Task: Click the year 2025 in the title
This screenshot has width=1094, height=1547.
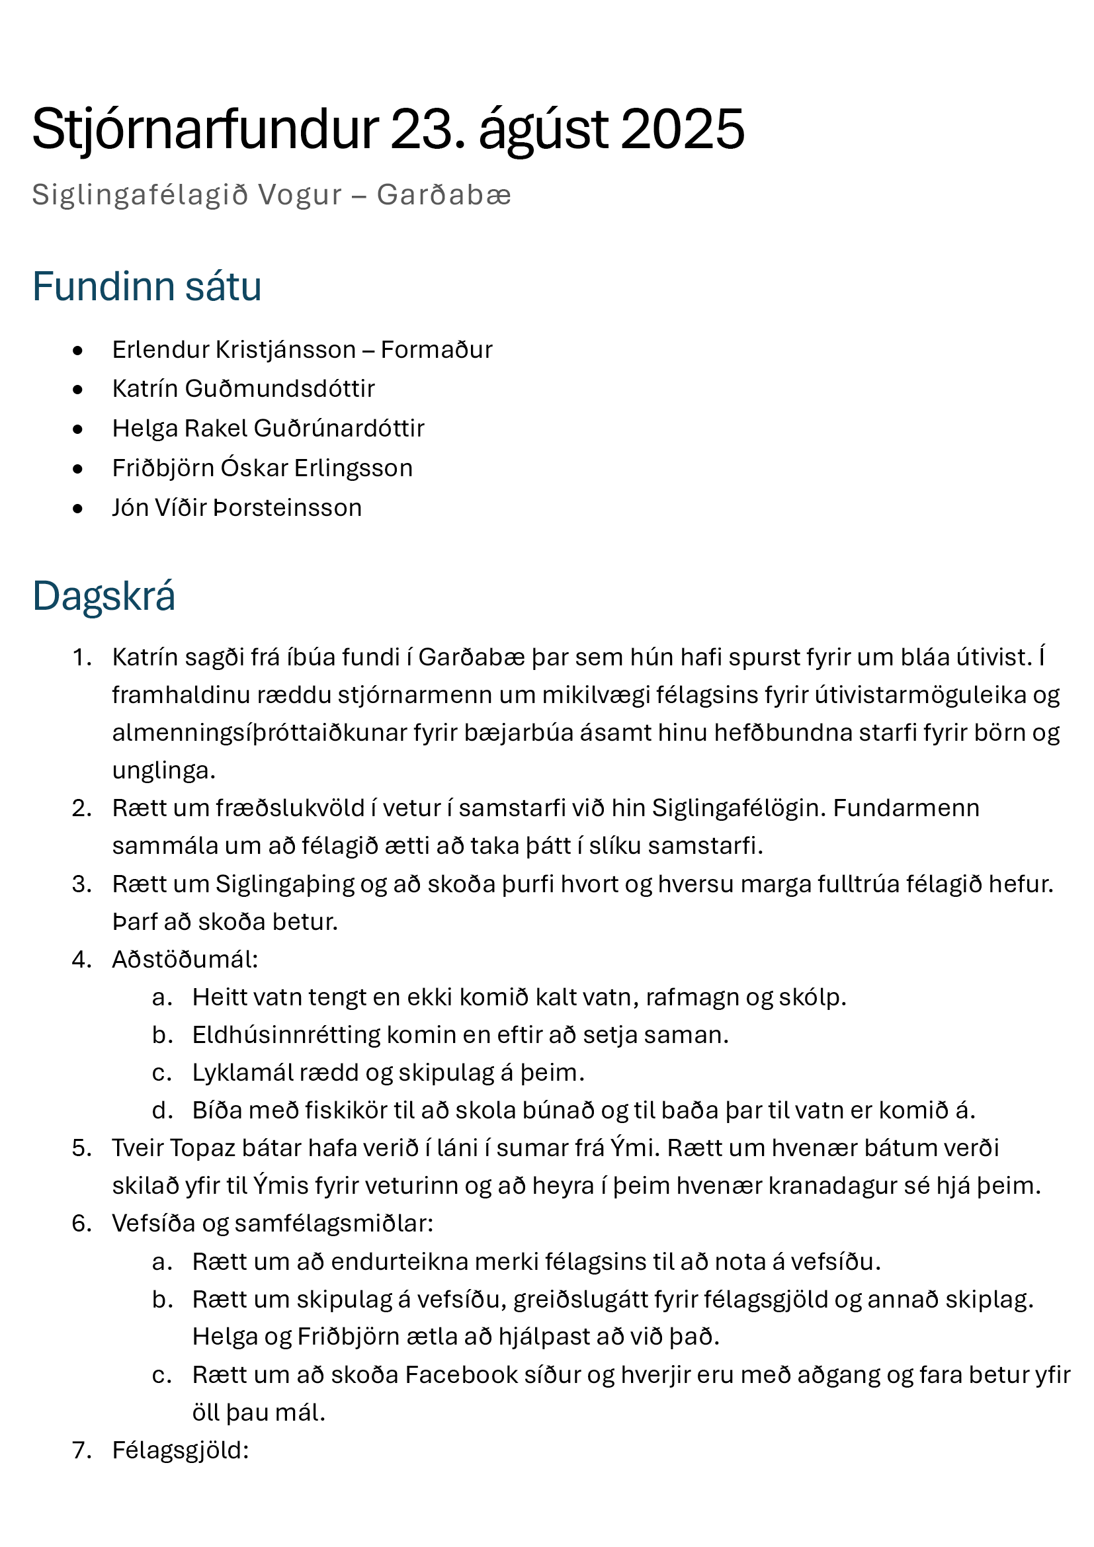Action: coord(682,129)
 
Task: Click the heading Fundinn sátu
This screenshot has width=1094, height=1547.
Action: coord(147,286)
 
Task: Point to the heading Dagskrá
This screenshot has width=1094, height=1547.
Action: coord(104,596)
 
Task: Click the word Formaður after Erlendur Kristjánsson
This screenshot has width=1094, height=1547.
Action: coord(436,350)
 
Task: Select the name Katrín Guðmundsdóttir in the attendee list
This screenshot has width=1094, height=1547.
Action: coord(243,389)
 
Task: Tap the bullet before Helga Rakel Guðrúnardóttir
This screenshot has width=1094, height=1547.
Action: coord(78,429)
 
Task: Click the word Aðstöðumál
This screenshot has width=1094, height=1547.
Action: coord(184,960)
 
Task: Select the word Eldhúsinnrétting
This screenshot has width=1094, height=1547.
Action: coord(286,1035)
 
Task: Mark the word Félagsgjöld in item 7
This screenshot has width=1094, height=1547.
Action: coord(180,1450)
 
